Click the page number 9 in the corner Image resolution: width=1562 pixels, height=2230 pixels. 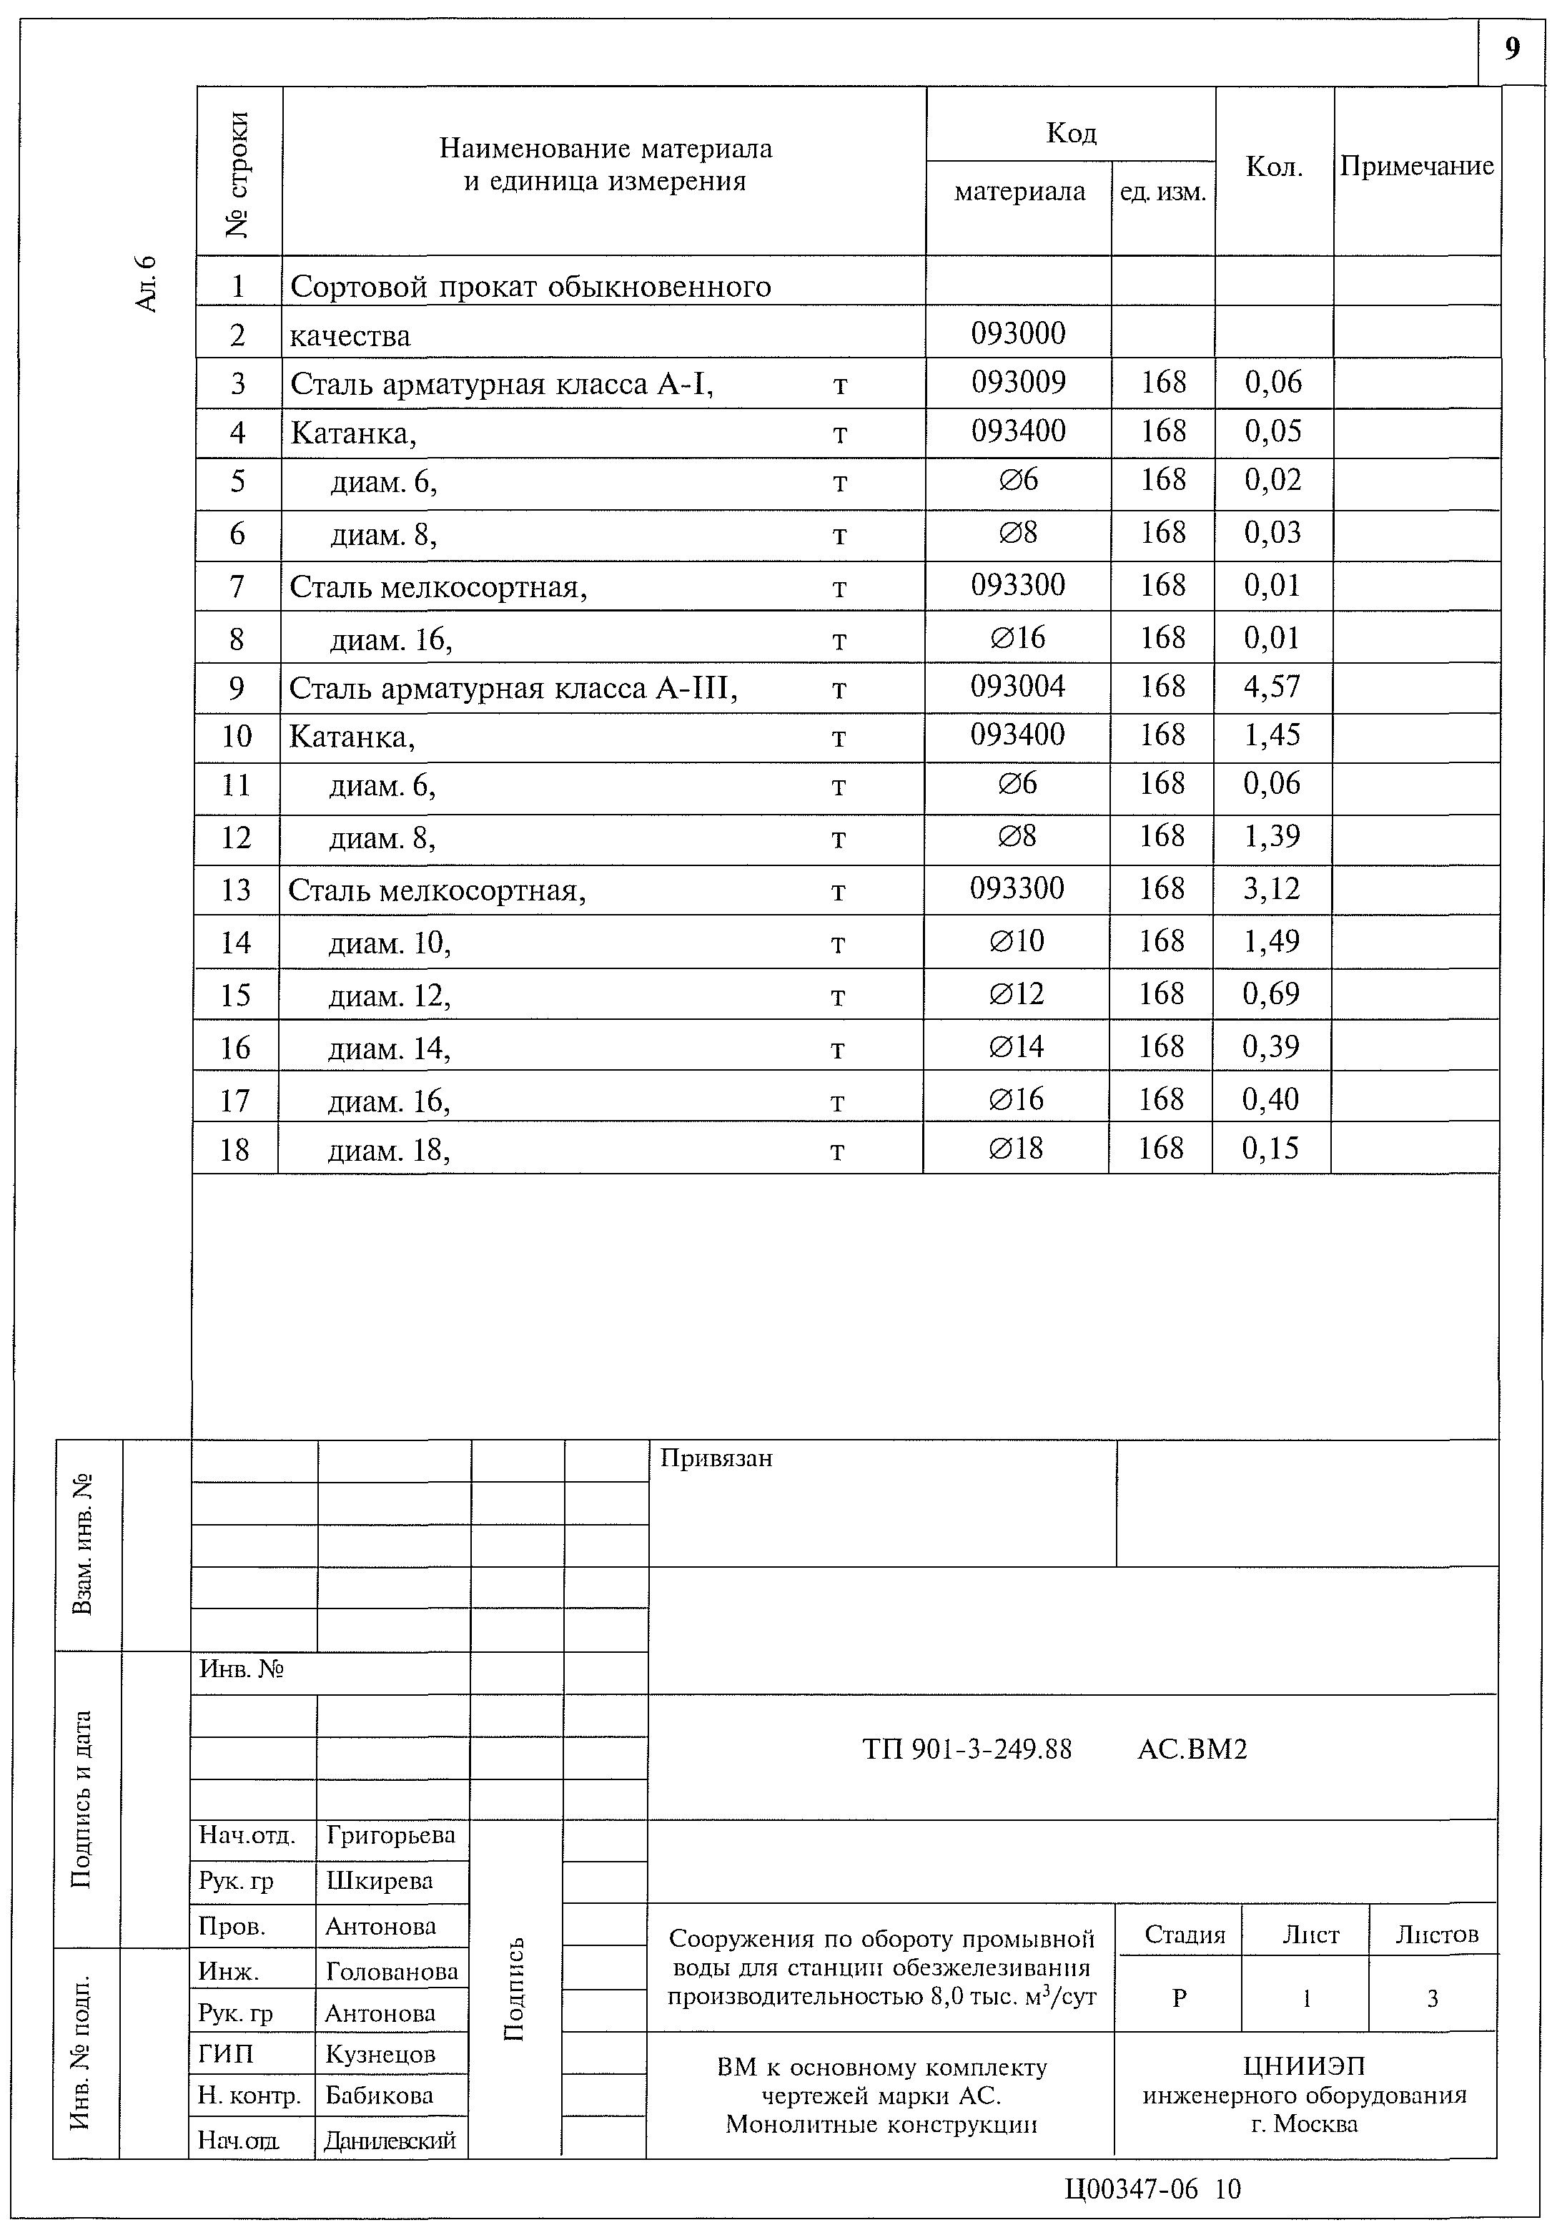click(x=1511, y=49)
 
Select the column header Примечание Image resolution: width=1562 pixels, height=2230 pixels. click(x=1416, y=166)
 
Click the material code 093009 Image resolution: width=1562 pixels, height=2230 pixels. click(x=1019, y=383)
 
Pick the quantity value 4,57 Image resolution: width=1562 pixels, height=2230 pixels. click(x=1272, y=687)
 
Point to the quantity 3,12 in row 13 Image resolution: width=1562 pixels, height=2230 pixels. click(x=1271, y=889)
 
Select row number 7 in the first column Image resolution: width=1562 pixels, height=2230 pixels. click(x=237, y=586)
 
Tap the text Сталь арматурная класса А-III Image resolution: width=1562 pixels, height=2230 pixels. click(x=513, y=689)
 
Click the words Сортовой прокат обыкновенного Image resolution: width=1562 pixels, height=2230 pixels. click(x=530, y=288)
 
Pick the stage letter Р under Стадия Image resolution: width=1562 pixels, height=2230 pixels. click(x=1179, y=1998)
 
